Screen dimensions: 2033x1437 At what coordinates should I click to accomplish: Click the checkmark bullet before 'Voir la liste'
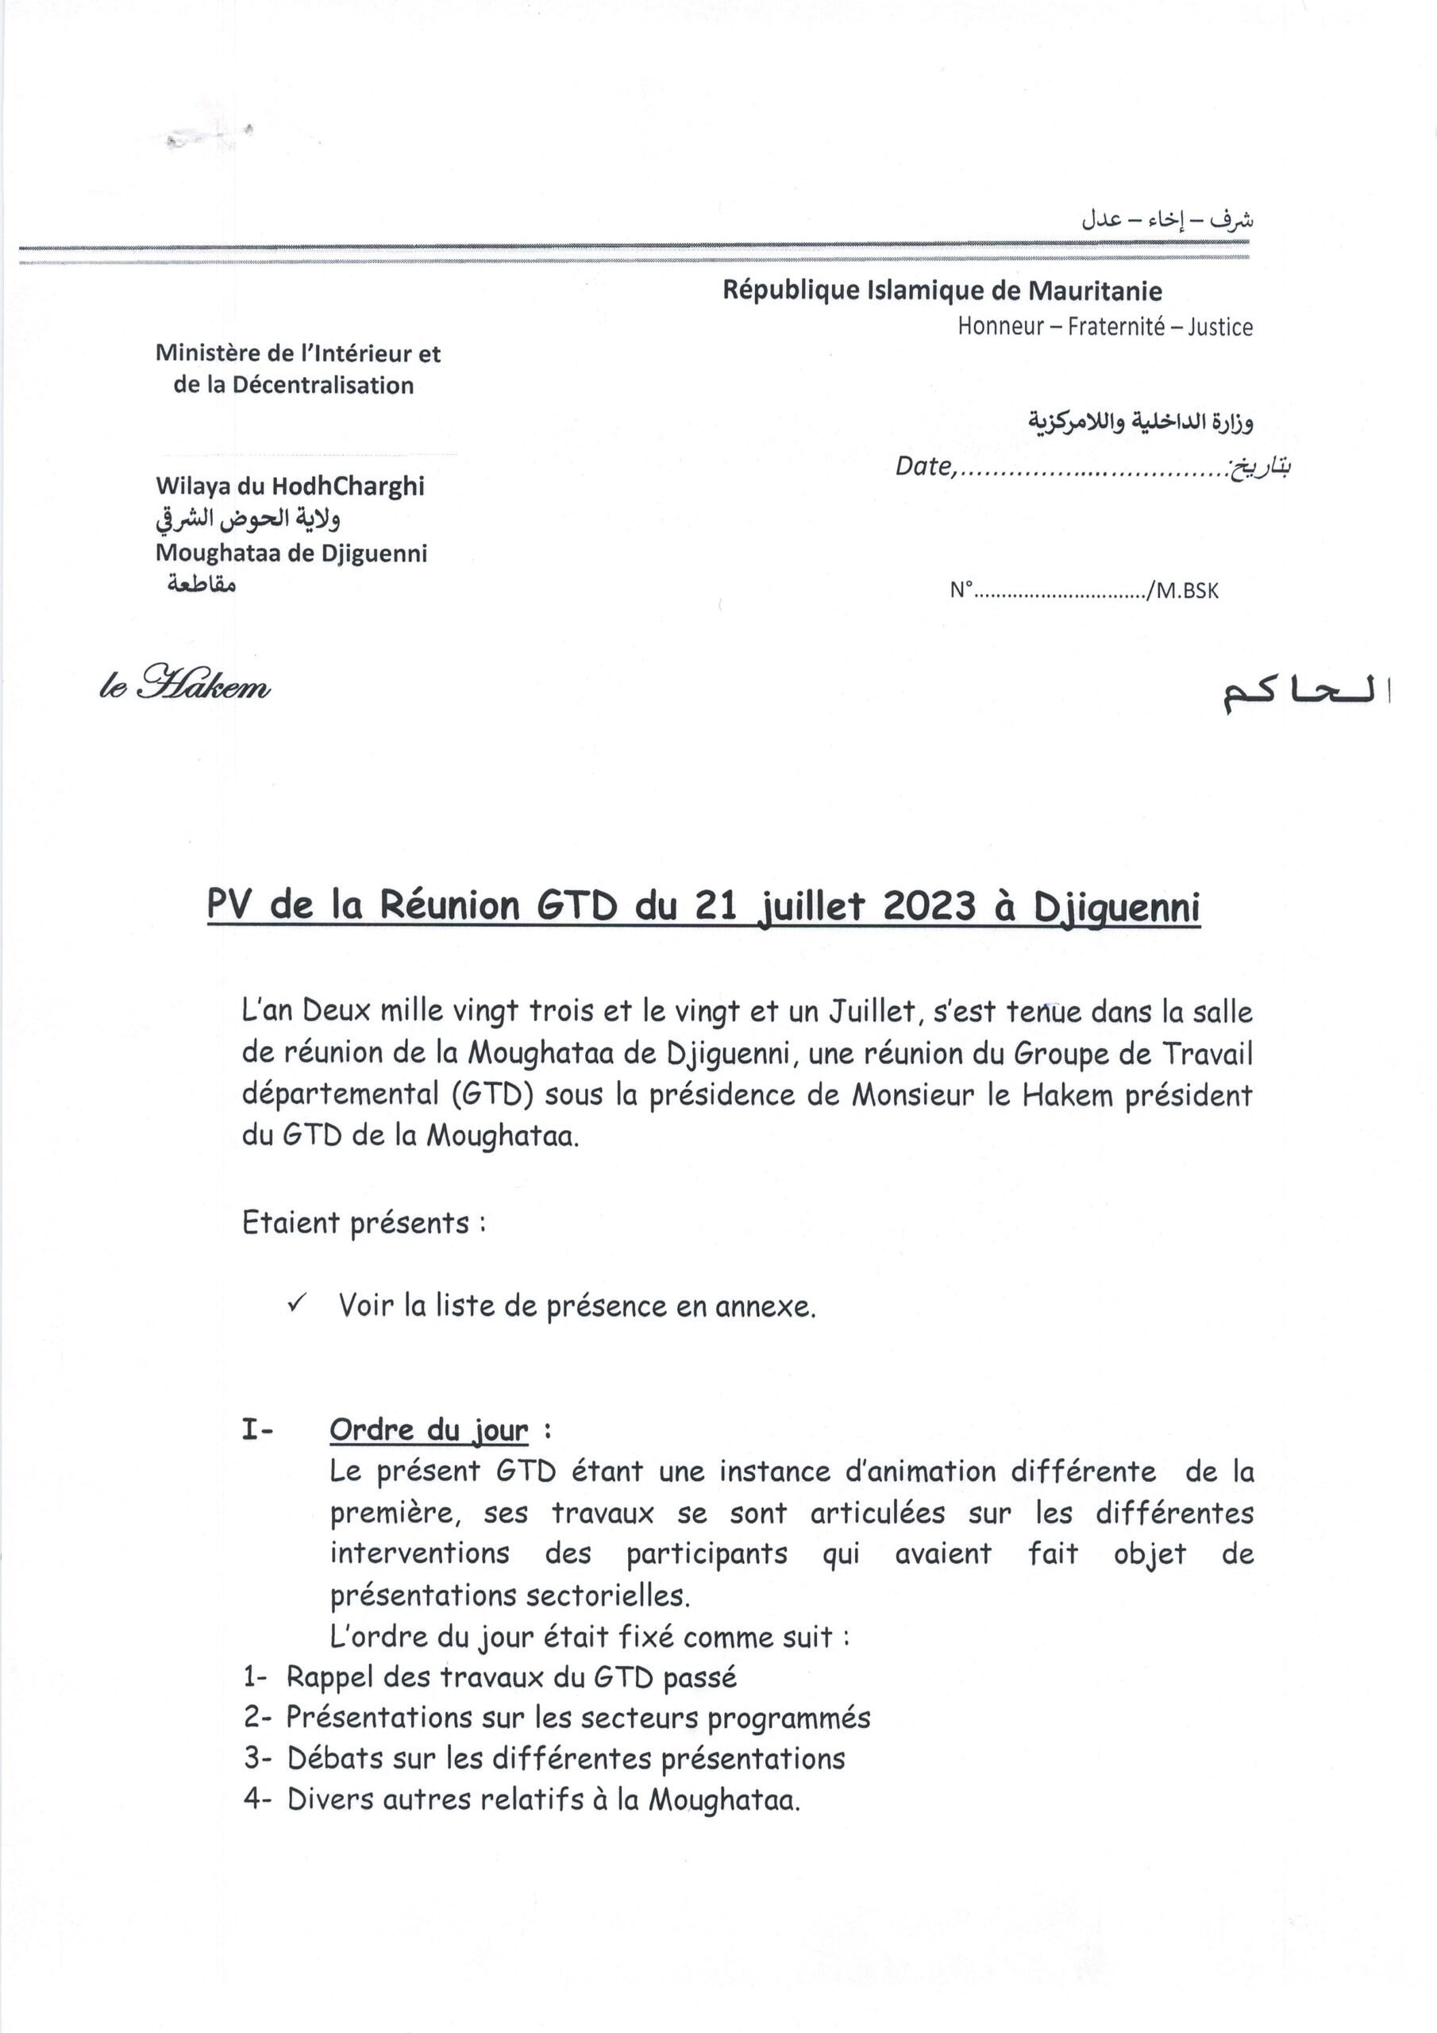click(x=298, y=1303)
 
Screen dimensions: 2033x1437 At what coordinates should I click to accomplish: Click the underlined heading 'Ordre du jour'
click(x=429, y=1430)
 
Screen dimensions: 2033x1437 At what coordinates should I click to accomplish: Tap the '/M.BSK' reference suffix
click(x=1183, y=591)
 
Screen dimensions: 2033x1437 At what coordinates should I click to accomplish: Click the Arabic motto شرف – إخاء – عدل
click(x=1167, y=220)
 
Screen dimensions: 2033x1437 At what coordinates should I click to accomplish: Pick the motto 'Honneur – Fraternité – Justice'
click(x=1105, y=326)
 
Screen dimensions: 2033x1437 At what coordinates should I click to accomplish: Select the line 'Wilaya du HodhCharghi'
click(x=290, y=486)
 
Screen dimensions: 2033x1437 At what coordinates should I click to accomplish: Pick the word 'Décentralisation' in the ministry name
click(x=322, y=385)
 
